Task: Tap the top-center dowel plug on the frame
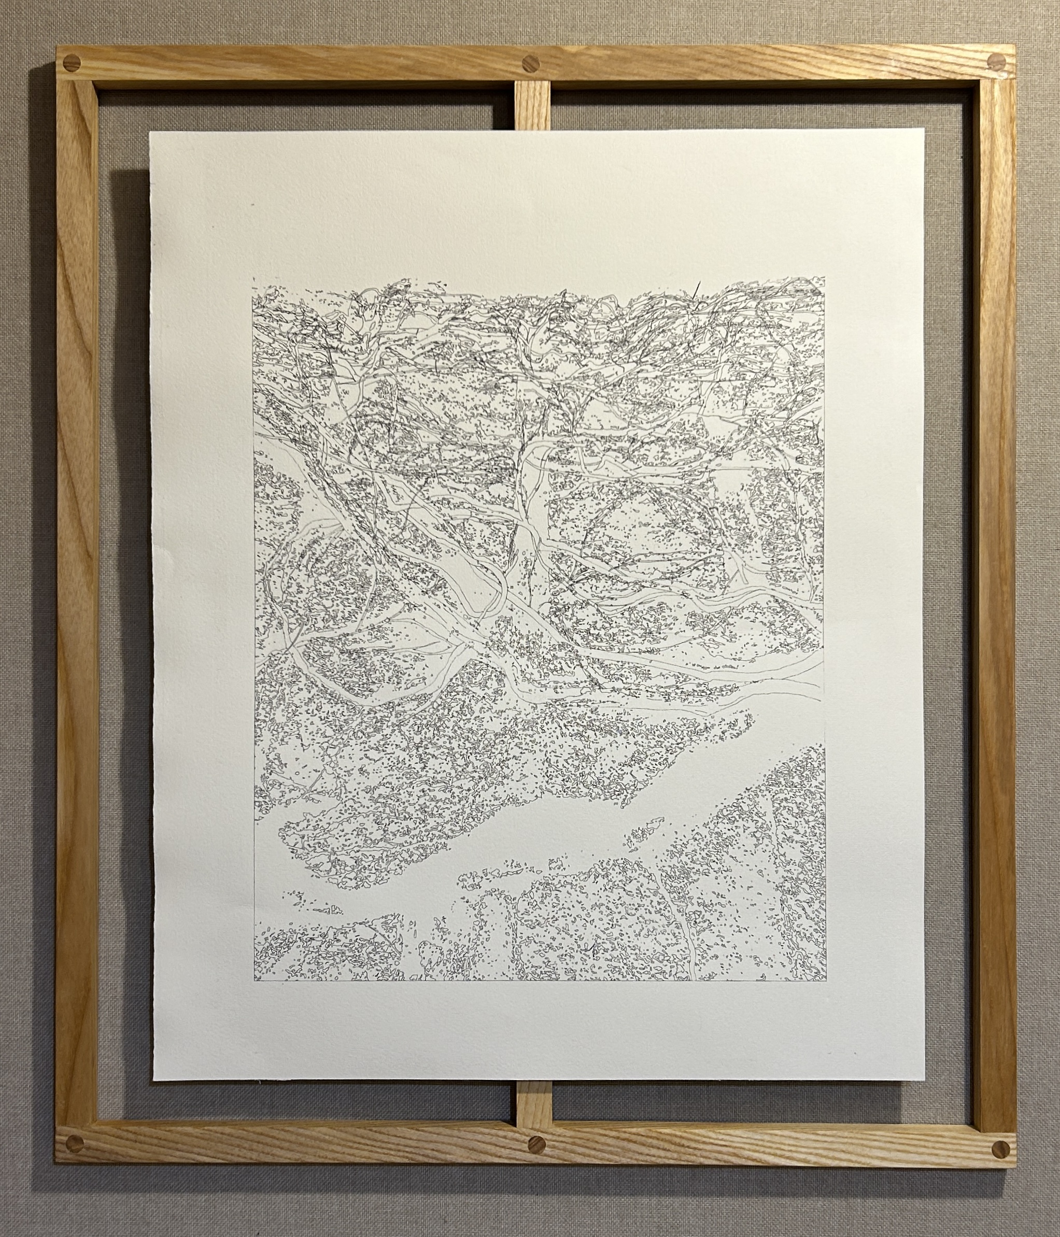point(530,63)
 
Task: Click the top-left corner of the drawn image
point(253,278)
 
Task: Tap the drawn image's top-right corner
point(825,277)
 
